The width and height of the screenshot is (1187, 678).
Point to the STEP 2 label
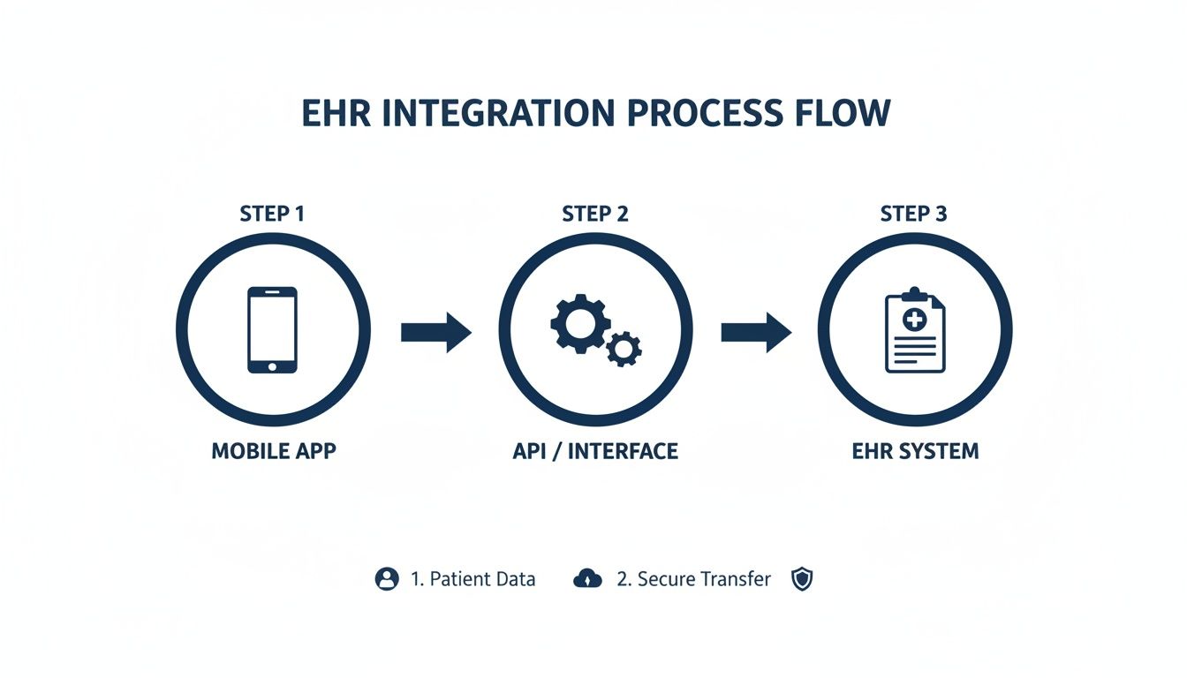(595, 214)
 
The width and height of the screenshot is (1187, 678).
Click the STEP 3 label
(913, 214)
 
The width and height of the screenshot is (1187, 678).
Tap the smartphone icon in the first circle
(272, 329)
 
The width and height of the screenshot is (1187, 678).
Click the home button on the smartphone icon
(272, 365)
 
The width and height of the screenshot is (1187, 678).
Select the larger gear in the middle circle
(578, 322)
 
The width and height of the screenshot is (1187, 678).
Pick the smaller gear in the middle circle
(624, 350)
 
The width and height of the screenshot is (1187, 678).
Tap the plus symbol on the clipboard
(915, 319)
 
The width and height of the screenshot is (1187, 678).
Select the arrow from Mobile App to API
(436, 332)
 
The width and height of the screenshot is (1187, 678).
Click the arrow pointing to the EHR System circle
(756, 332)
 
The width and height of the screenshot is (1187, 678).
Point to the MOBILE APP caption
(274, 451)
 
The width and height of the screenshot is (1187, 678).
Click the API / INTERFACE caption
(595, 451)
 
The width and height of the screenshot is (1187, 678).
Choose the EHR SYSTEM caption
(915, 451)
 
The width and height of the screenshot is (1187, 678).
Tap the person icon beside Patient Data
(387, 579)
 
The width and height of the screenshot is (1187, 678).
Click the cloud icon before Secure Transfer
(587, 579)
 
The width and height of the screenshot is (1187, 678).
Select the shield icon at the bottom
(801, 579)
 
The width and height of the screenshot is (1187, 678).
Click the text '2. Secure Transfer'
(693, 579)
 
